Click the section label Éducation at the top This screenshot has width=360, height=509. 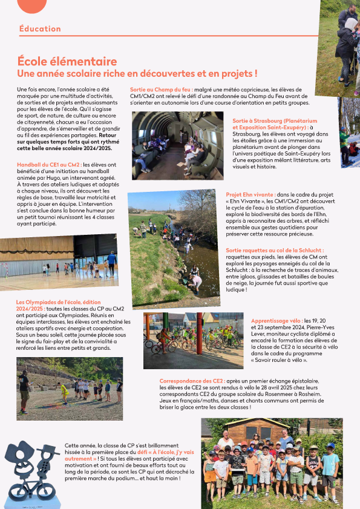40,29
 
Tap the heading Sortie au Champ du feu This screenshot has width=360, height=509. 160,90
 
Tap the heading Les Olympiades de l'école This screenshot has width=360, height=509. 54,301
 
